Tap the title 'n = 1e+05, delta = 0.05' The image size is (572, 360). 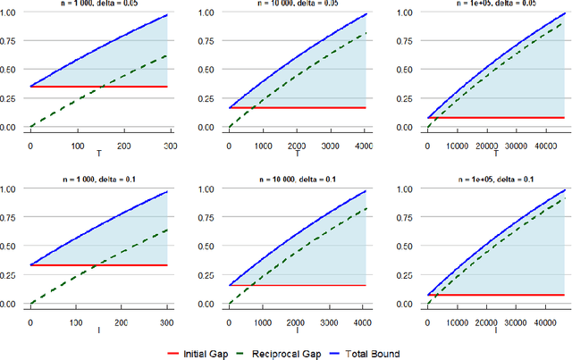(497, 4)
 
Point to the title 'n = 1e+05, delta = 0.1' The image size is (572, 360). (497, 180)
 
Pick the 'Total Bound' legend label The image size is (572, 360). (420, 354)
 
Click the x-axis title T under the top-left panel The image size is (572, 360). (99, 154)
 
